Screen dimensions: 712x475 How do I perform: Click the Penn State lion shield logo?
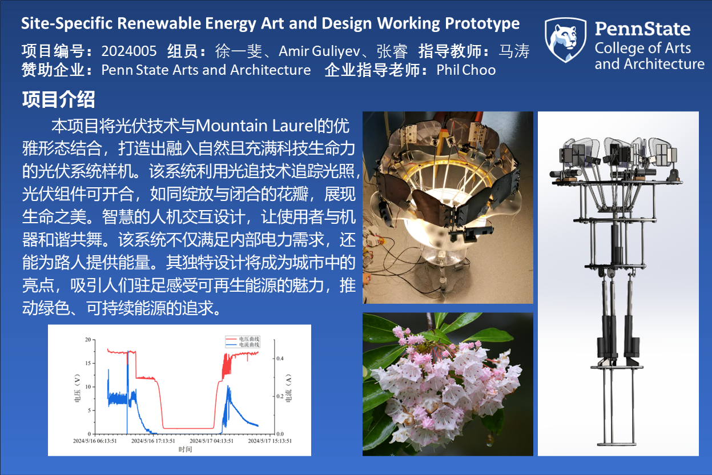[x=565, y=40]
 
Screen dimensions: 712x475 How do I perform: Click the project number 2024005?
[x=129, y=51]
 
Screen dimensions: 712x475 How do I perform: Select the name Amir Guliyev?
[x=319, y=51]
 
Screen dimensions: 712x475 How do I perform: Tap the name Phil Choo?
[x=466, y=70]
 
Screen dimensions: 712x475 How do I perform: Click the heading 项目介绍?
[x=58, y=99]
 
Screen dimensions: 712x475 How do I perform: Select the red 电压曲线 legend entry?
[x=243, y=339]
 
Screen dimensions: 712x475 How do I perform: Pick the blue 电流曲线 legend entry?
[x=243, y=345]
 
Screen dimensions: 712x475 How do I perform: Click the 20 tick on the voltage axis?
[x=88, y=340]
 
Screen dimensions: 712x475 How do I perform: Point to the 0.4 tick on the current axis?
[x=280, y=359]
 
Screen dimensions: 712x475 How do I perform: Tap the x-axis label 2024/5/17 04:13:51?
[x=211, y=441]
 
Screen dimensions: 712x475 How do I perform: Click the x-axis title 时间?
[x=185, y=449]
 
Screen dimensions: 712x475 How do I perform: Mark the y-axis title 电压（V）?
[x=77, y=388]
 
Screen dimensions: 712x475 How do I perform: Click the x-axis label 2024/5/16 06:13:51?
[x=95, y=441]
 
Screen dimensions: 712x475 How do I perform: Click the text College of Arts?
[x=643, y=49]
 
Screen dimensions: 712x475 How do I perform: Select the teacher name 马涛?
[x=514, y=51]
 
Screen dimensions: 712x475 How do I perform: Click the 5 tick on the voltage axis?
[x=89, y=410]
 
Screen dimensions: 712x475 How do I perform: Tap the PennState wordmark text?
[x=642, y=29]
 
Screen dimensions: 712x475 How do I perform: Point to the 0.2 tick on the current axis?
[x=280, y=396]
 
